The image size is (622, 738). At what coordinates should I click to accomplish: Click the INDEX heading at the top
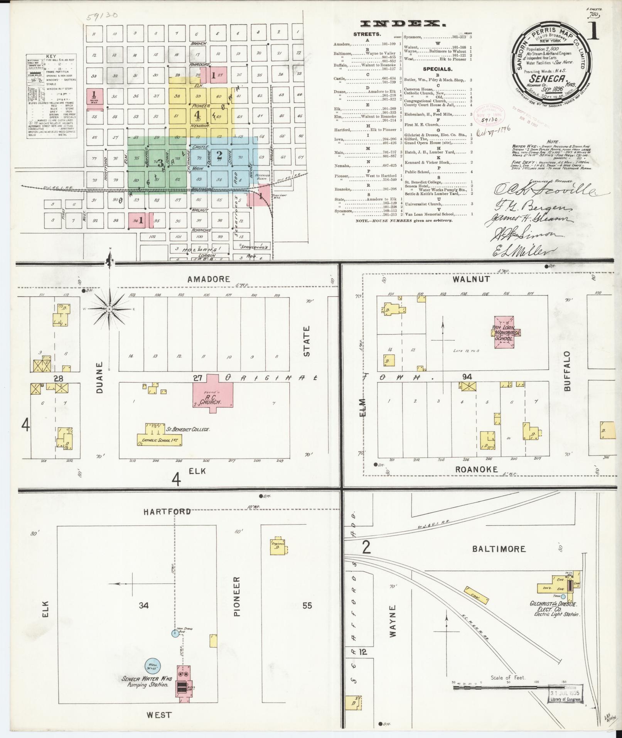(x=403, y=24)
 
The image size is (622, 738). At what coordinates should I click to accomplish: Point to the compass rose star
(x=110, y=309)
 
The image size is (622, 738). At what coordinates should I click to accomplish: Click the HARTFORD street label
(x=167, y=512)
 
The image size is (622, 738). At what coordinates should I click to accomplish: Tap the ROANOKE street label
(x=477, y=469)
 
